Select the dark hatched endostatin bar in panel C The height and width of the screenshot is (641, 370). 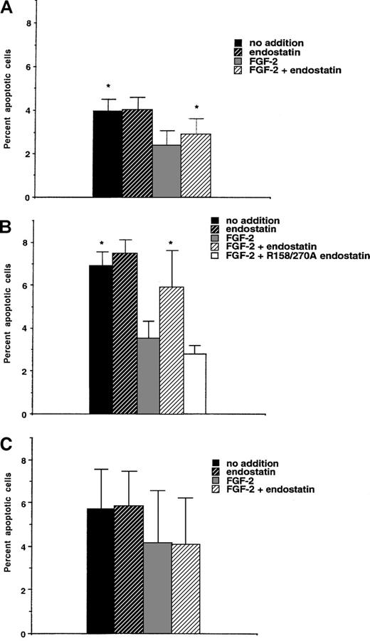pyautogui.click(x=129, y=569)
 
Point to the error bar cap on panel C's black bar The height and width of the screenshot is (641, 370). pyautogui.click(x=100, y=470)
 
